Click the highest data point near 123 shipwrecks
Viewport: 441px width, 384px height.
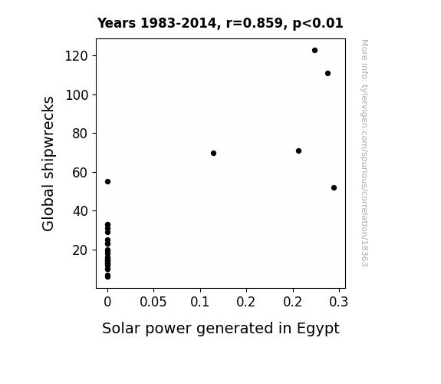pyautogui.click(x=314, y=51)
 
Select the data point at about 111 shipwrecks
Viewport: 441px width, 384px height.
pyautogui.click(x=327, y=74)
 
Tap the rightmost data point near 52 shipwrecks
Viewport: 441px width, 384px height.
pyautogui.click(x=334, y=188)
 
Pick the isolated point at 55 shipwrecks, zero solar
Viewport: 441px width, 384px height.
pyautogui.click(x=107, y=182)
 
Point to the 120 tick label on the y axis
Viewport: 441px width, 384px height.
pyautogui.click(x=77, y=56)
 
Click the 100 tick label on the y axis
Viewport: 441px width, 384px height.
pyautogui.click(x=77, y=95)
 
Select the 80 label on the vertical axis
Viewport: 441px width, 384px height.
pyautogui.click(x=81, y=134)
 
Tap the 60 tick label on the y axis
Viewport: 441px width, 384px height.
pyautogui.click(x=81, y=173)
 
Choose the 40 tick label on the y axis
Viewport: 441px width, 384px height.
pyautogui.click(x=81, y=211)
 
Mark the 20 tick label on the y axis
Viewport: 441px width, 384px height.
pyautogui.click(x=81, y=250)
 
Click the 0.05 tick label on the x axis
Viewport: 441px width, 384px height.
pyautogui.click(x=153, y=302)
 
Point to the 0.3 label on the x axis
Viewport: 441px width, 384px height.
pyautogui.click(x=339, y=302)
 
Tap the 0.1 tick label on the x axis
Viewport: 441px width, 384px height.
pyautogui.click(x=200, y=302)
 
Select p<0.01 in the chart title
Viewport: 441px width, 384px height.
pyautogui.click(x=318, y=23)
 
